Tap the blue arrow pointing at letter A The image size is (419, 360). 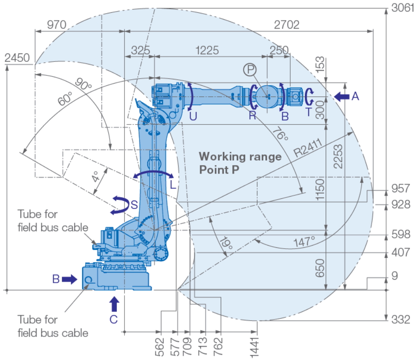(341, 97)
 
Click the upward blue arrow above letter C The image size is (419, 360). (113, 304)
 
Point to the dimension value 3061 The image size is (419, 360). (402, 8)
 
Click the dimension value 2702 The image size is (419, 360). (286, 25)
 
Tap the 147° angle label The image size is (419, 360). (303, 242)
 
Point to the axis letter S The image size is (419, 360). (134, 204)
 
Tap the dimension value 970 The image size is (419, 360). (56, 25)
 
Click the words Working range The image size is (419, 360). (240, 157)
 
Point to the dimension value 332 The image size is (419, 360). (401, 319)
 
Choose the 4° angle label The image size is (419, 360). (96, 176)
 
